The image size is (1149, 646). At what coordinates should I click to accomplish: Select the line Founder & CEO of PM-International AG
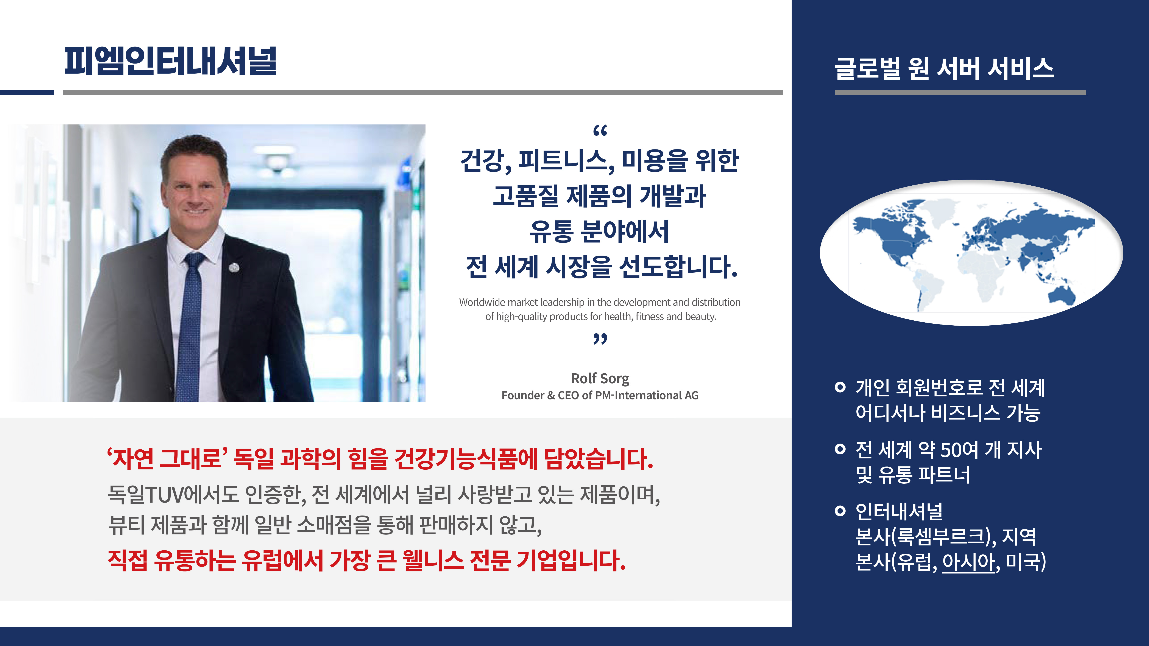[600, 395]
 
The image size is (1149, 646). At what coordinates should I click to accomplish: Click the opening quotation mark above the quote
[600, 131]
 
